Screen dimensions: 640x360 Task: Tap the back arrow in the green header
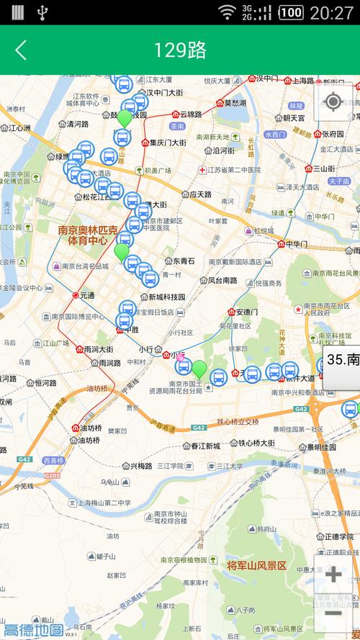click(21, 50)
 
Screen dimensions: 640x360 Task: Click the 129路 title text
click(180, 50)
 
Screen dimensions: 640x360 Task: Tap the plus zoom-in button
click(333, 574)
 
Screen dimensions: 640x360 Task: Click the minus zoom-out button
click(333, 613)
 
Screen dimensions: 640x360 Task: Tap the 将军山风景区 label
click(257, 566)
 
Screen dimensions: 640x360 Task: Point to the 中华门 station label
click(297, 243)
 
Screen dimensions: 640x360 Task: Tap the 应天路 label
click(200, 194)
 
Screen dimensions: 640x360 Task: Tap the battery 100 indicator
click(290, 12)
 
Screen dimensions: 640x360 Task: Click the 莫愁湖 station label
click(235, 102)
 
